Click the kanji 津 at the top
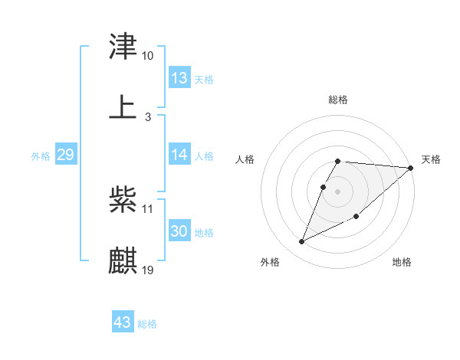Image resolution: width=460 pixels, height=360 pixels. point(123,47)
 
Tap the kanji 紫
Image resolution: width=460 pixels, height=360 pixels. point(123,201)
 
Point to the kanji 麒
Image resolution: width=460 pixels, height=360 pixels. point(123,260)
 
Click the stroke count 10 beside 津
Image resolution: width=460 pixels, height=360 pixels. point(147,56)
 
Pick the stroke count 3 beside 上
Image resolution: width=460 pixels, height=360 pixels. point(147,116)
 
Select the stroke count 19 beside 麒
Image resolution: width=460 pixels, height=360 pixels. point(148,270)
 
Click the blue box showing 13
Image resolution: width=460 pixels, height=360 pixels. point(179,78)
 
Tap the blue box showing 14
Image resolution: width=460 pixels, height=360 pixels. point(179,155)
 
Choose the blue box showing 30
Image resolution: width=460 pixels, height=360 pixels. point(179,231)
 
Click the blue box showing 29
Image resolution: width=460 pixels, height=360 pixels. point(65,155)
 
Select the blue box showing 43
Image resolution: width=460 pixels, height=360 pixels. point(122,322)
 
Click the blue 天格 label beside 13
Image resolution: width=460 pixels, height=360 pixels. point(204,80)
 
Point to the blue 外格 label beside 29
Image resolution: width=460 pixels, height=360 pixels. point(41,156)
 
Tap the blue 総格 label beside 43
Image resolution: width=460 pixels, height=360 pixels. point(147,324)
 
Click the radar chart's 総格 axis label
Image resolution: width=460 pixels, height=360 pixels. point(338,100)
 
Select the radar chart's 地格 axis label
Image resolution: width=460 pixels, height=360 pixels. point(402,262)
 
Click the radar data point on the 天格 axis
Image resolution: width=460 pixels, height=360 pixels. point(411,168)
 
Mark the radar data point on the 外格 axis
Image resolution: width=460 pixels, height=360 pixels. point(301,242)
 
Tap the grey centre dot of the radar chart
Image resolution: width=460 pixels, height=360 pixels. point(338,191)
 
